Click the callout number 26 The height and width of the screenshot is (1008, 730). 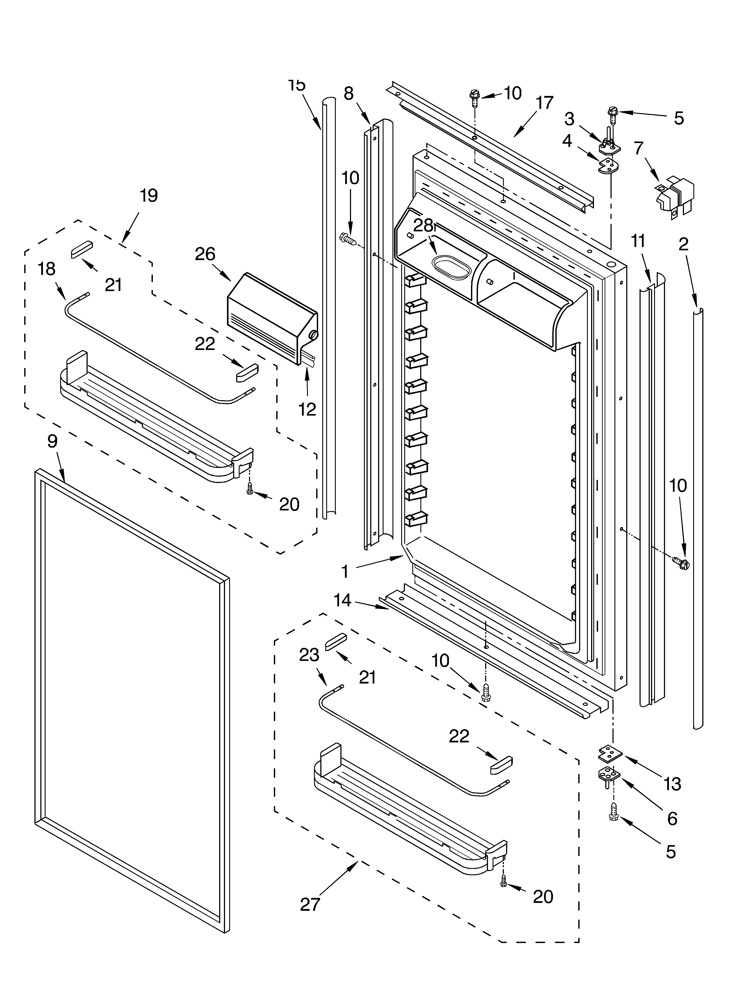[x=205, y=254]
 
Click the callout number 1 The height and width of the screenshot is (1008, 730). [x=345, y=571]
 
